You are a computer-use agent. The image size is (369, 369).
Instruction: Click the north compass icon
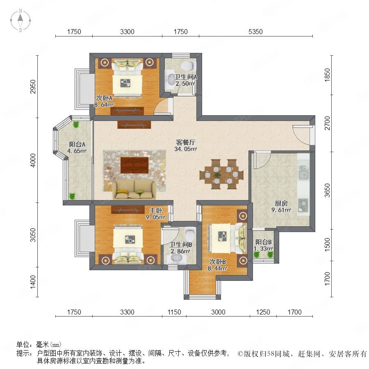pos(20,20)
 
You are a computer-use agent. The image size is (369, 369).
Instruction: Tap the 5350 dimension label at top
pos(255,32)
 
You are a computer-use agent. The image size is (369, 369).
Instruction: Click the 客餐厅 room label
pos(185,142)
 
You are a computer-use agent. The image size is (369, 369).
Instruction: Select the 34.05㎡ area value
pos(185,149)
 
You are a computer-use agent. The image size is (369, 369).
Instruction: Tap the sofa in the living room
pos(134,190)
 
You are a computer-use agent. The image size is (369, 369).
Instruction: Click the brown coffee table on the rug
pos(134,165)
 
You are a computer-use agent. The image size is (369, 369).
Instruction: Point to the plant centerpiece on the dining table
pos(217,175)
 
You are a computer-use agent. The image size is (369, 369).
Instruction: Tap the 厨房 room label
pos(281,203)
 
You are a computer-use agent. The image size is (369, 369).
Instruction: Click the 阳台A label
pos(77,144)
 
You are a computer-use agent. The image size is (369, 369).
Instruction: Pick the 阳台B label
pos(264,242)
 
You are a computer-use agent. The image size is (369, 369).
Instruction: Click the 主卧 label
pos(155,210)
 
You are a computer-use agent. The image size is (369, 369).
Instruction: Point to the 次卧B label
pos(218,262)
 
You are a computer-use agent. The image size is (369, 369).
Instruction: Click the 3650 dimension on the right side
pos(327,190)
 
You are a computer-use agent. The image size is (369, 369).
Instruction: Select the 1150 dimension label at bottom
pos(174,312)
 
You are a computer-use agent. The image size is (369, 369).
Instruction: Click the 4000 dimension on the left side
pos(33,160)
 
